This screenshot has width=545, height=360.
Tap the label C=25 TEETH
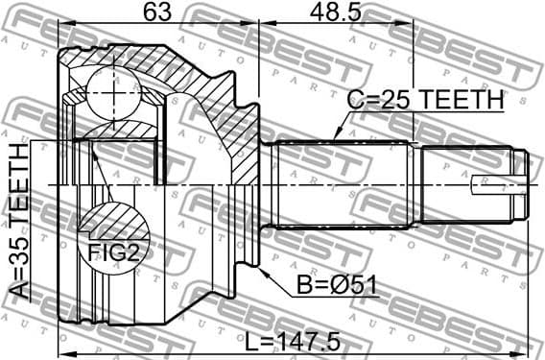pyautogui.click(x=425, y=100)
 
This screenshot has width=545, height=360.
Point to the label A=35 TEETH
pyautogui.click(x=18, y=222)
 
